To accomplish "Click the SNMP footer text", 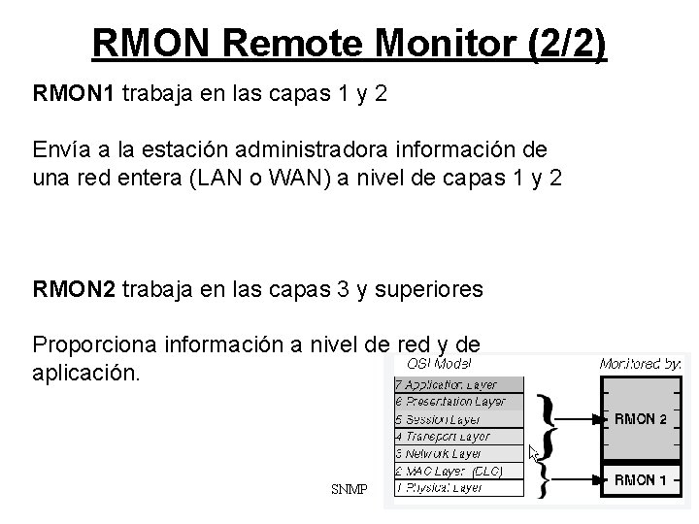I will pos(349,490).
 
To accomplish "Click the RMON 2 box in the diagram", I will pos(641,420).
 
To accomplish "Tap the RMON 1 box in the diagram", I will pos(641,478).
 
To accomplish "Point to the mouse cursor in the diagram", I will pos(533,452).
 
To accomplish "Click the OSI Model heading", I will pos(439,364).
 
